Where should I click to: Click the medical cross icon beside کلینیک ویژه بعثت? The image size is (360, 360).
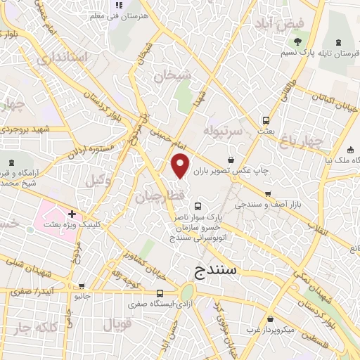coord(72,213)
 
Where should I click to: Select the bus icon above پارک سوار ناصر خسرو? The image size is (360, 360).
coord(198,207)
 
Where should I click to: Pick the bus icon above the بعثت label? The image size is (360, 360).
coord(266,120)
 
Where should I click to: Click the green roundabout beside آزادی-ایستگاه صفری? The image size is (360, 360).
coord(186,292)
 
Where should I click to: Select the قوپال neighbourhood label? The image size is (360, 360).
coord(117,325)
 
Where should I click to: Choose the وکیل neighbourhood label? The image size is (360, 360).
coord(98,181)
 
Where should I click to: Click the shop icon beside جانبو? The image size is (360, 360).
coord(82,286)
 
